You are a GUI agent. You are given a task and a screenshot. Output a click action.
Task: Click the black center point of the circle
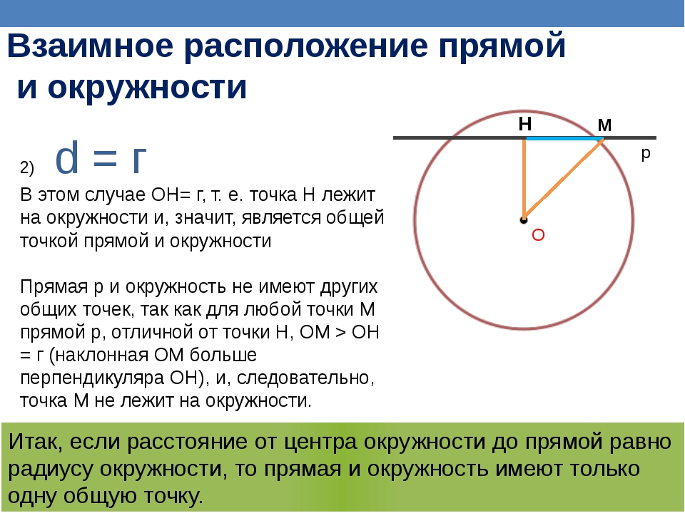coord(523,220)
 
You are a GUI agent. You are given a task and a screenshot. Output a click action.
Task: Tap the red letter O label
coord(538,235)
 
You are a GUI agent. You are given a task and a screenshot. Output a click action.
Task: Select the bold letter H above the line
coord(525,124)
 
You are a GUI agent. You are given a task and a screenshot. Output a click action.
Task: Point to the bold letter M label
coord(604,125)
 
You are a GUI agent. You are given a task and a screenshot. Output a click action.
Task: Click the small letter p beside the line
coord(646,154)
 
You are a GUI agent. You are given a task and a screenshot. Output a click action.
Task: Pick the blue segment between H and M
coord(564,138)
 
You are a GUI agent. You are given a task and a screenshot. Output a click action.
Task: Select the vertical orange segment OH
coord(524,179)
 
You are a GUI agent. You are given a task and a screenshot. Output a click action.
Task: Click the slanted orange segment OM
coord(564,179)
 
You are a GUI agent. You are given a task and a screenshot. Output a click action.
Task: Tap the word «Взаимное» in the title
coord(91,46)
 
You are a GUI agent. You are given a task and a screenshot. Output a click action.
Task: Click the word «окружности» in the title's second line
coord(147,87)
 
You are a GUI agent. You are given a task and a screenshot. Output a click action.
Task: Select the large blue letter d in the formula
coord(67,157)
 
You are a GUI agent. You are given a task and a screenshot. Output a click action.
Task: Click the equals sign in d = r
coord(106,158)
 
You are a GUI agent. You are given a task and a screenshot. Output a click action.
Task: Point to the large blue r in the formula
coord(139,161)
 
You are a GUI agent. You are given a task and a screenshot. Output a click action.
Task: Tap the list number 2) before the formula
coord(27,167)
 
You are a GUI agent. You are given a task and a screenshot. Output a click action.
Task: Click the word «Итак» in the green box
coord(36,442)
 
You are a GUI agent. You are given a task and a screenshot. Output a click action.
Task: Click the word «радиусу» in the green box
coord(51,470)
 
